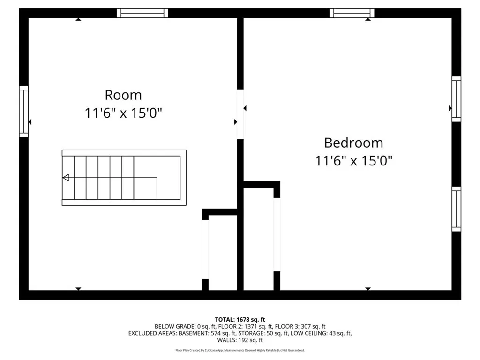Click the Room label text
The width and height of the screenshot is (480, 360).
coord(123,95)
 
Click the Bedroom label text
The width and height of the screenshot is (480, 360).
coord(353,142)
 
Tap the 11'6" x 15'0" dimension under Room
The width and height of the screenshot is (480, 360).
coord(123,113)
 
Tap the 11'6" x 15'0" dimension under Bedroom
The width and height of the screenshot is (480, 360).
coord(353,161)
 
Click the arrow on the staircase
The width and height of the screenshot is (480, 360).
coord(66,177)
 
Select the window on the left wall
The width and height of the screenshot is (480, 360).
coord(23,112)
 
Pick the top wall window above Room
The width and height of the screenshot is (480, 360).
coord(142,13)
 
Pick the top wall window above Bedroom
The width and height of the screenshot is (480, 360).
coord(352,13)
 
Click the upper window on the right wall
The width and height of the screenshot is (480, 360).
coord(456,99)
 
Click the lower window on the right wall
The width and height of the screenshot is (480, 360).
coord(456,209)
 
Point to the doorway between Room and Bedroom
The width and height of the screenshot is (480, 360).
coord(240,114)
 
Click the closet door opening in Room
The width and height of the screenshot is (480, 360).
coord(205,249)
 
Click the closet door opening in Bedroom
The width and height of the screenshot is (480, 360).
coord(277,234)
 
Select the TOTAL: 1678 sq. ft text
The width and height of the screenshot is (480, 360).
coord(240,320)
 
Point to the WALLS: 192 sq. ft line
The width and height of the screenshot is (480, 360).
coord(240,340)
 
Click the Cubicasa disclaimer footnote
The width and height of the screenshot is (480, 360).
coord(240,350)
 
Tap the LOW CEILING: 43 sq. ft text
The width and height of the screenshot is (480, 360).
coord(323,333)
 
